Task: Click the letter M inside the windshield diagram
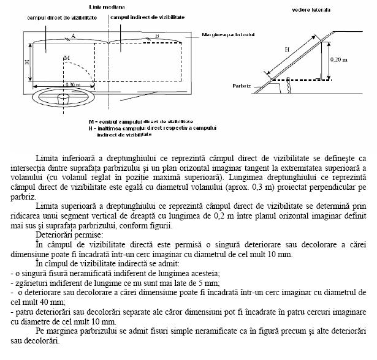click(66, 58)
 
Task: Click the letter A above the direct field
click(73, 37)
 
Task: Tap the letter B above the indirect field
click(156, 37)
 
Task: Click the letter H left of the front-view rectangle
click(27, 62)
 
